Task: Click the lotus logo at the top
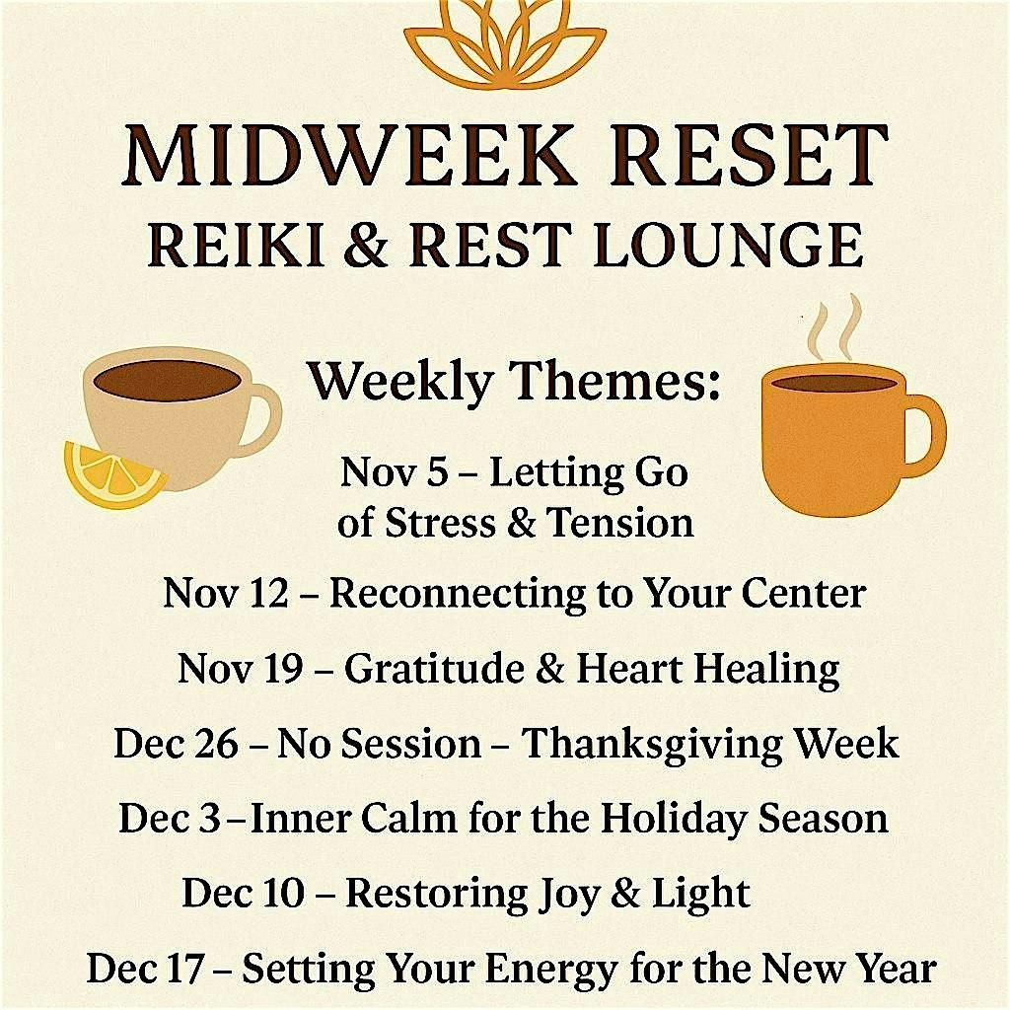[504, 44]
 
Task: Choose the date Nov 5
[394, 472]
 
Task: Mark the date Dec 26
[176, 743]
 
